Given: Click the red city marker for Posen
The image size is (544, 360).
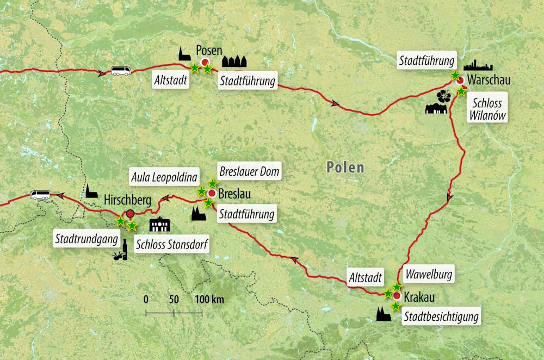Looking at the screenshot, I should pos(205,62).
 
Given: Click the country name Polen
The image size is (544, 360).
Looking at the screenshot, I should pos(345,167).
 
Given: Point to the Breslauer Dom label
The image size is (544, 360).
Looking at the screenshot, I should pos(249,172).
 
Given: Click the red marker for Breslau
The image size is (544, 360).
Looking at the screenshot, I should pos(212,193).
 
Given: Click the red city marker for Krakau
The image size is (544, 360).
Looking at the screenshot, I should pos(397,296).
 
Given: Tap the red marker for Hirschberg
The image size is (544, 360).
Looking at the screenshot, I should pos(130,214).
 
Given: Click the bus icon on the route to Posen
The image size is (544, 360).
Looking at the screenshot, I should pos(121,71).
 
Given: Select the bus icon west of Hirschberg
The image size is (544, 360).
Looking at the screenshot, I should pos(40,195).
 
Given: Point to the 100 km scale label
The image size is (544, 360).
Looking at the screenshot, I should pos(209,300).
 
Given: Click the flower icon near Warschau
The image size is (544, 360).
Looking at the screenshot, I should pos(444,96).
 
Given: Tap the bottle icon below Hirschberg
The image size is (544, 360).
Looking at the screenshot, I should pos(125,252).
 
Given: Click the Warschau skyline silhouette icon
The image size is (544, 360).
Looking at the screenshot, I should pos(477,65).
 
